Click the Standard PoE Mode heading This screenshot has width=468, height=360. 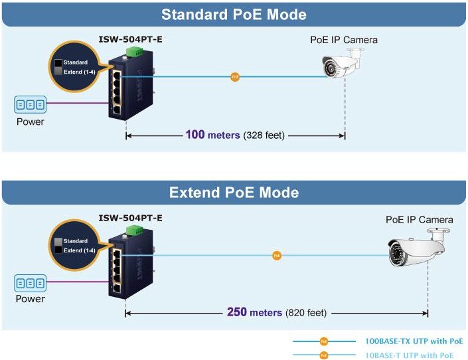coord(234,14)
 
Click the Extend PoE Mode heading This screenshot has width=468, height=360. coord(234,193)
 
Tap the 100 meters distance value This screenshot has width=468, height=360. coord(212,135)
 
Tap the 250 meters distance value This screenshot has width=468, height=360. coord(254,312)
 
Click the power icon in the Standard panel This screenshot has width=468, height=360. coord(30,105)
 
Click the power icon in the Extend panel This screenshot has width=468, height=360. coord(30,284)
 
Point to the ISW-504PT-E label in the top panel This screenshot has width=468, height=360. coord(131,39)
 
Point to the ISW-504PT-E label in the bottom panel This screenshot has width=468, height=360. coord(131,218)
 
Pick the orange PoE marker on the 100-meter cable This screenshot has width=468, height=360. coord(234,77)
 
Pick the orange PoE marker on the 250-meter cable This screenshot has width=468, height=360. coord(277,255)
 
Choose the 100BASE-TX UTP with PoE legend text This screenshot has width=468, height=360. coord(414,341)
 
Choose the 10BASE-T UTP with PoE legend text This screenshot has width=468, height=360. coord(410,355)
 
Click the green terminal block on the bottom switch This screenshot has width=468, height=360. coord(137,230)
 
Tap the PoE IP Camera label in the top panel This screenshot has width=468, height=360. coord(344,40)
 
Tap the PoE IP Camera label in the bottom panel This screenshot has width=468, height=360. coord(420,220)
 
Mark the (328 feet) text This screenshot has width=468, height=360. coord(264,135)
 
